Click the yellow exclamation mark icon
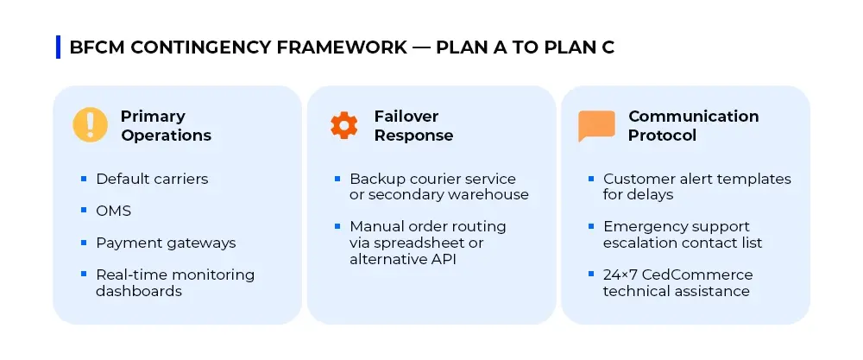tap(90, 125)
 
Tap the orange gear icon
tap(343, 125)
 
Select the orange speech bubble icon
tap(596, 126)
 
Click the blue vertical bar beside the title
tap(58, 47)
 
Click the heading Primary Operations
tap(166, 126)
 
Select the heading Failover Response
tap(413, 126)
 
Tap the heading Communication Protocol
tap(693, 126)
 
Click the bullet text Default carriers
tap(152, 179)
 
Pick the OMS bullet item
tap(113, 211)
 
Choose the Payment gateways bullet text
tap(166, 243)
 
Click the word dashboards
tap(139, 291)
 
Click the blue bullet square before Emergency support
tap(592, 226)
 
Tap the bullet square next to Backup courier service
tap(337, 179)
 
